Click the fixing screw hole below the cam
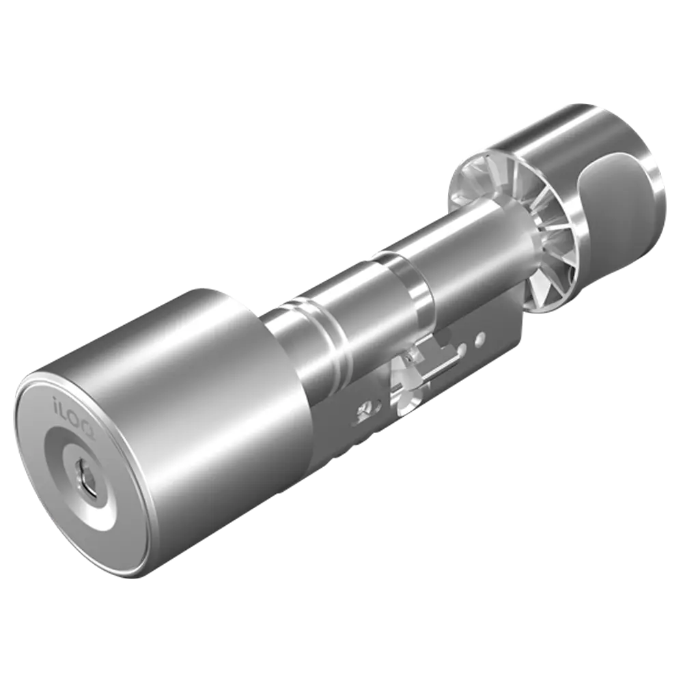pyautogui.click(x=365, y=409)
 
